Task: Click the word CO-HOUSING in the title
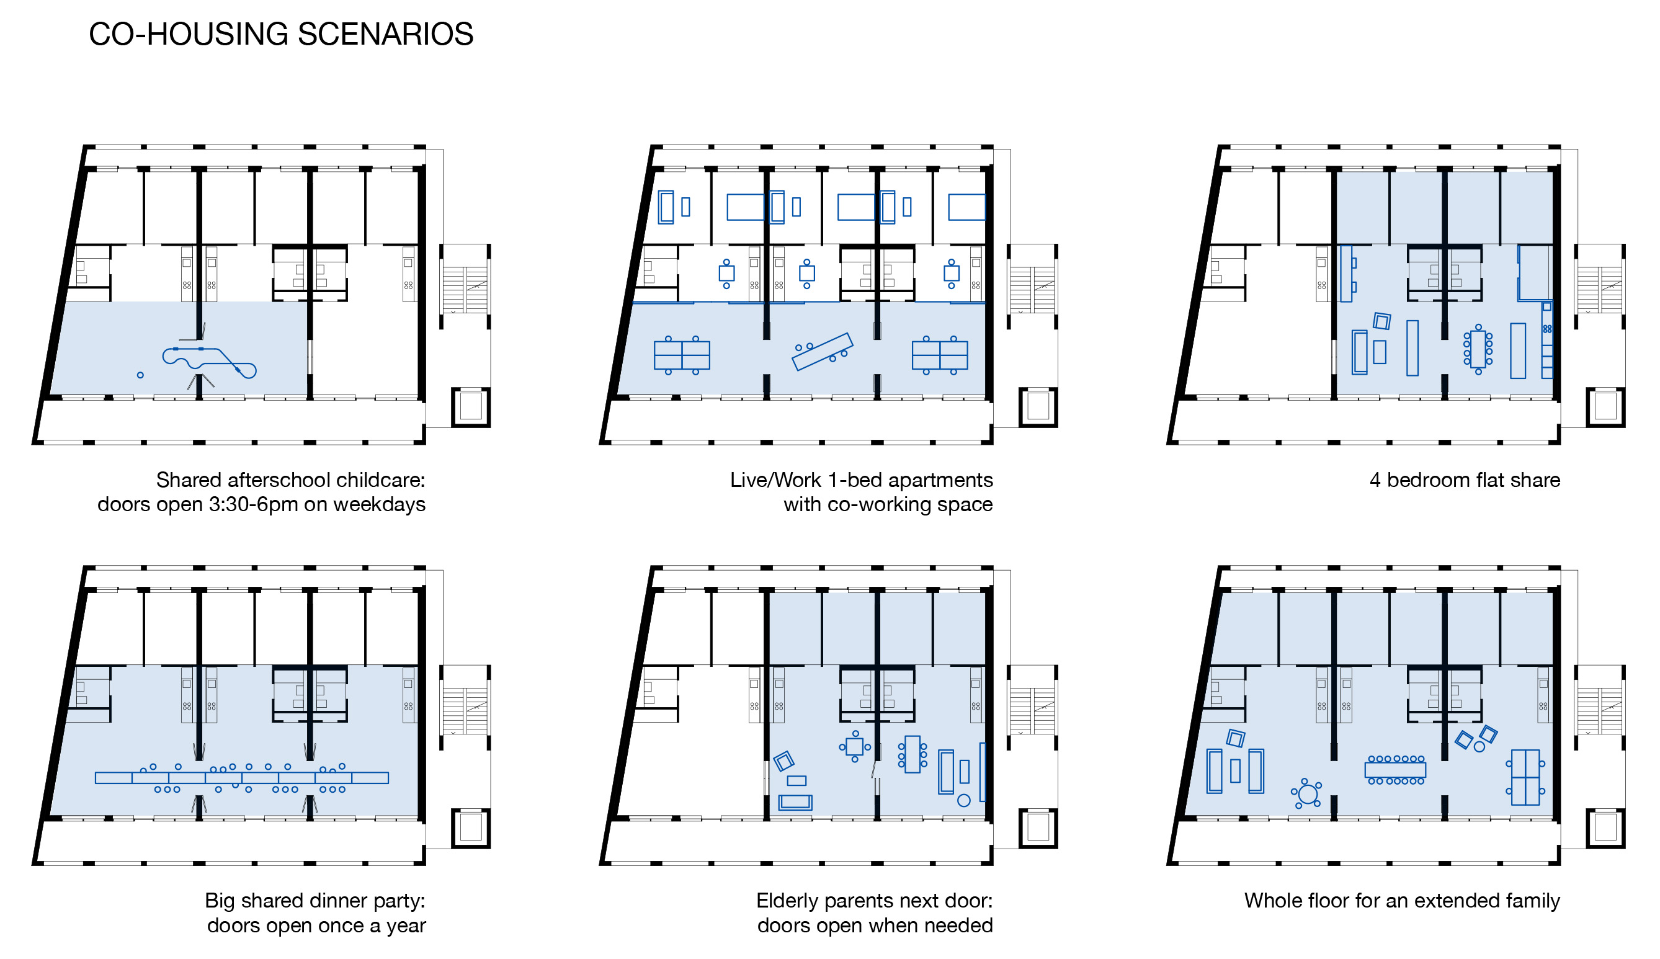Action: click(189, 34)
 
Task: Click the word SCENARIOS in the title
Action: click(385, 34)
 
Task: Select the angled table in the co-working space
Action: click(822, 352)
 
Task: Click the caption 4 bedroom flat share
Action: click(1464, 480)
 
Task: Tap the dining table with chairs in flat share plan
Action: click(1478, 349)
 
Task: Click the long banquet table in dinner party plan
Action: click(242, 778)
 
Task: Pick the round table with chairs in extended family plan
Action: click(1307, 793)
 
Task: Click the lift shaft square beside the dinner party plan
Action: click(470, 828)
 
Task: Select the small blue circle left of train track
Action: click(140, 375)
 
